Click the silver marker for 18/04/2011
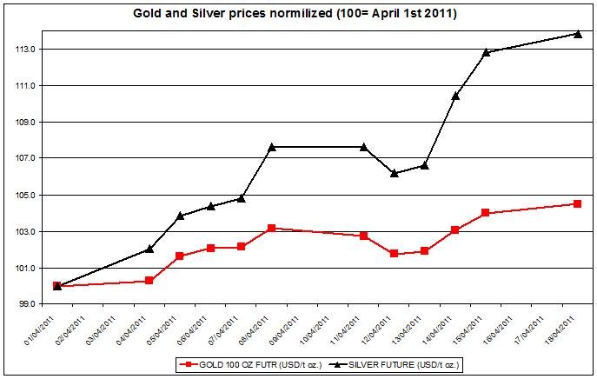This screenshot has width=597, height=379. pyautogui.click(x=578, y=34)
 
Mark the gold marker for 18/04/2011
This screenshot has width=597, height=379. pyautogui.click(x=578, y=203)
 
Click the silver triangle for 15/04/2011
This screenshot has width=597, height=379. pyautogui.click(x=486, y=52)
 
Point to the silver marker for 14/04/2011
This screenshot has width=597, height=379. pyautogui.click(x=455, y=96)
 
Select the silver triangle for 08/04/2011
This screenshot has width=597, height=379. pyautogui.click(x=272, y=147)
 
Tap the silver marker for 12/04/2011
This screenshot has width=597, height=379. pyautogui.click(x=395, y=173)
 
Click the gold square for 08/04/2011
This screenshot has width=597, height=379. pyautogui.click(x=272, y=228)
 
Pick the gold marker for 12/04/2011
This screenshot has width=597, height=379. pyautogui.click(x=395, y=254)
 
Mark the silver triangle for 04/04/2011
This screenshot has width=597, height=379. pyautogui.click(x=149, y=249)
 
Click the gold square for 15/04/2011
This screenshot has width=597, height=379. pyautogui.click(x=486, y=213)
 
